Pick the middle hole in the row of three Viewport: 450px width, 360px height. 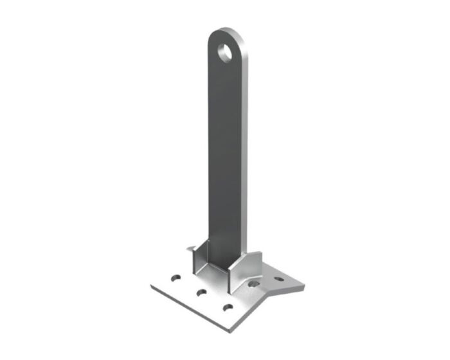click(201, 293)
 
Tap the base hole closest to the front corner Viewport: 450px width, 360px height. click(228, 308)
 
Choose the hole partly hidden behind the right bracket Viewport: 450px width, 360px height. click(254, 283)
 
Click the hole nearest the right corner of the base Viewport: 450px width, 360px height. click(279, 280)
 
